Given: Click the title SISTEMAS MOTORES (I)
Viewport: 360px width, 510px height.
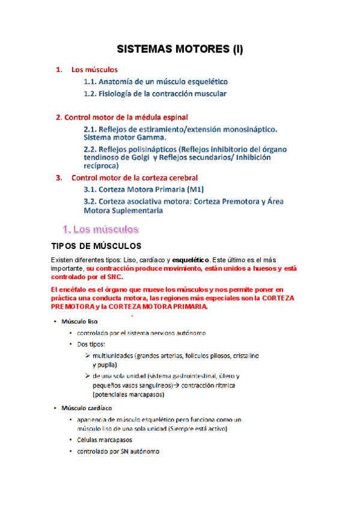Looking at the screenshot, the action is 179,50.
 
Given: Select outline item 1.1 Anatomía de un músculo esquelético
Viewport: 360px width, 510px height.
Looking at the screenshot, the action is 156,82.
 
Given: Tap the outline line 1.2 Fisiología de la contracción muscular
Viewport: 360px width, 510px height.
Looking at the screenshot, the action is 155,94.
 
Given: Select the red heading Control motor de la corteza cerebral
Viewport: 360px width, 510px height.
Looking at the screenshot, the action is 135,177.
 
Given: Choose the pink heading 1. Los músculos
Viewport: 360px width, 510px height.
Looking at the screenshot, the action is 101,229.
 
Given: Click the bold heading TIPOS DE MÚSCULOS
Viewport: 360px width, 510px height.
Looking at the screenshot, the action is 97,247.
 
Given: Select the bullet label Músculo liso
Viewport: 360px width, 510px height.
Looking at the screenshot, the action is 80,321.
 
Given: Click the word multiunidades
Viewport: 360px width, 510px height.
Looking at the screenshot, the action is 116,356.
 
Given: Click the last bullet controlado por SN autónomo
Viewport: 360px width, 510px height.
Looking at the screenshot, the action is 114,452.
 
